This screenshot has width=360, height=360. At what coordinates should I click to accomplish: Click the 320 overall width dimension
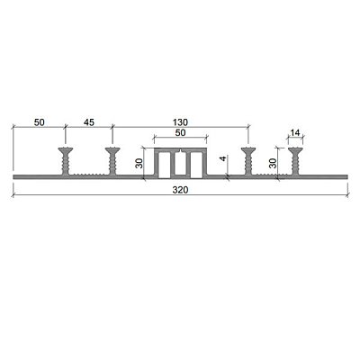click(x=180, y=190)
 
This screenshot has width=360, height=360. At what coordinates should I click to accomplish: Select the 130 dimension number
click(x=180, y=122)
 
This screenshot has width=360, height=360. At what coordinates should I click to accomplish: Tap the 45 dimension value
click(x=88, y=122)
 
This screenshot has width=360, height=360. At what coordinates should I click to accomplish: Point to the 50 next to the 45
click(x=40, y=122)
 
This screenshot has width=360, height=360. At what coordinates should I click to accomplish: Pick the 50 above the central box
click(x=180, y=132)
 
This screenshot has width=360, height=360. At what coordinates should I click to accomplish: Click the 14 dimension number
click(x=295, y=132)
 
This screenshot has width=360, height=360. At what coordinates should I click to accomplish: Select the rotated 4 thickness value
click(x=223, y=158)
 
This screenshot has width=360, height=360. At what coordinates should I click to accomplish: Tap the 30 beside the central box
click(x=139, y=163)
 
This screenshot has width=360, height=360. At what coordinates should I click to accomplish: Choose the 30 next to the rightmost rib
click(x=273, y=163)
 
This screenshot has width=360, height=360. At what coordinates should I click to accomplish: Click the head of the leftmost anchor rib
click(x=66, y=150)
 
